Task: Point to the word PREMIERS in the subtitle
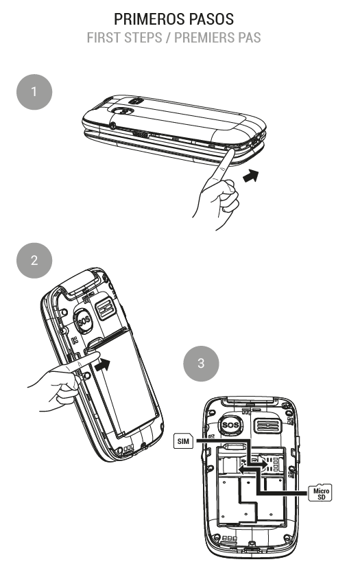(x=206, y=36)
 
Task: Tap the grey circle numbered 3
(x=200, y=364)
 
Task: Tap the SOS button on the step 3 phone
(x=232, y=425)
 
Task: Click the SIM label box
(x=182, y=441)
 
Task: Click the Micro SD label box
(x=320, y=492)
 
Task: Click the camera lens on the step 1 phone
(x=124, y=109)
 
